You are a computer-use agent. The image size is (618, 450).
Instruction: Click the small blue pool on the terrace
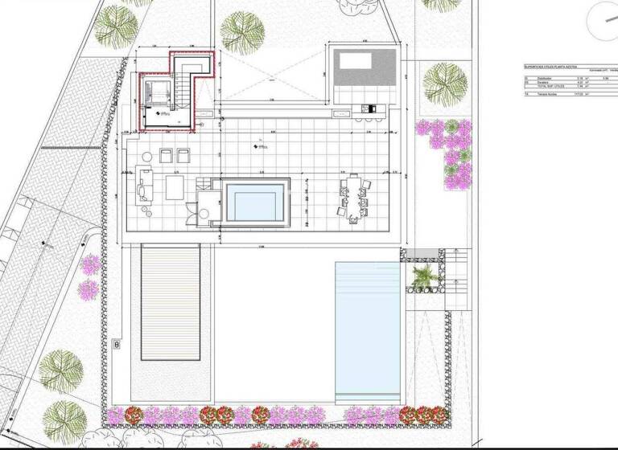click(256, 201)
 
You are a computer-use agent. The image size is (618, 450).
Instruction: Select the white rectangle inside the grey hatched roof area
click(354, 60)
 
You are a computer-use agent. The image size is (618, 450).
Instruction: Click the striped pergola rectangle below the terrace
click(170, 301)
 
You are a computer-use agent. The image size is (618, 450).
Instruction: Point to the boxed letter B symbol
click(117, 345)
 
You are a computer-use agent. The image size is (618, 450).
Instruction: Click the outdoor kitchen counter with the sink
click(371, 109)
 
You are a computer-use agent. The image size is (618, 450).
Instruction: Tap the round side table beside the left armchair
click(146, 156)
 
